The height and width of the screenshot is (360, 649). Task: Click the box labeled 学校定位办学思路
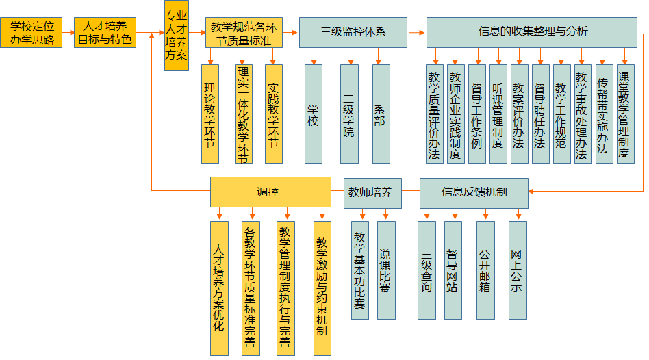pyautogui.click(x=31, y=32)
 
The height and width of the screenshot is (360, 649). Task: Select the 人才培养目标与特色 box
pyautogui.click(x=105, y=32)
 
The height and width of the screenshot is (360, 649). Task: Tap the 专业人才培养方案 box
pyautogui.click(x=177, y=36)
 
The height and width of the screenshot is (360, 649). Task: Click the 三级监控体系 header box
pyautogui.click(x=353, y=32)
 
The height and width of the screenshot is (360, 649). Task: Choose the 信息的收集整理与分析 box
pyautogui.click(x=533, y=32)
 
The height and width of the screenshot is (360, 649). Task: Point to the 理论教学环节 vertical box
pyautogui.click(x=210, y=114)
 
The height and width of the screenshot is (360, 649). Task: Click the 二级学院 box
pyautogui.click(x=349, y=114)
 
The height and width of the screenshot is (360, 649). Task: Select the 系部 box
pyautogui.click(x=381, y=114)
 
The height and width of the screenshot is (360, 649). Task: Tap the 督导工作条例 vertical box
pyautogui.click(x=476, y=114)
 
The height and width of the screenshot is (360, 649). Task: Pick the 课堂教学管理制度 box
pyautogui.click(x=624, y=114)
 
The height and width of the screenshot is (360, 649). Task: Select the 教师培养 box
pyautogui.click(x=370, y=192)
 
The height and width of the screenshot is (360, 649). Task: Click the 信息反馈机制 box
pyautogui.click(x=474, y=192)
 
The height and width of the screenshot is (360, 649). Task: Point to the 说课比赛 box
pyautogui.click(x=386, y=270)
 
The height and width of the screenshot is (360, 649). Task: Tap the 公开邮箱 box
pyautogui.click(x=485, y=270)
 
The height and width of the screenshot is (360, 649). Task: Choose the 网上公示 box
pyautogui.click(x=518, y=270)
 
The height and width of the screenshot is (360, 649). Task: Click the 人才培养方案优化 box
pyautogui.click(x=219, y=287)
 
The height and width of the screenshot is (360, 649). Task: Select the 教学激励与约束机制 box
pyautogui.click(x=322, y=287)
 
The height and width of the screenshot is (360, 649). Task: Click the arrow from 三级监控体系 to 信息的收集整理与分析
pyautogui.click(x=417, y=32)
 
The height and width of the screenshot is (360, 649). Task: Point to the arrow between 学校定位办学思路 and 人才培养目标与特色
pyautogui.click(x=67, y=32)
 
